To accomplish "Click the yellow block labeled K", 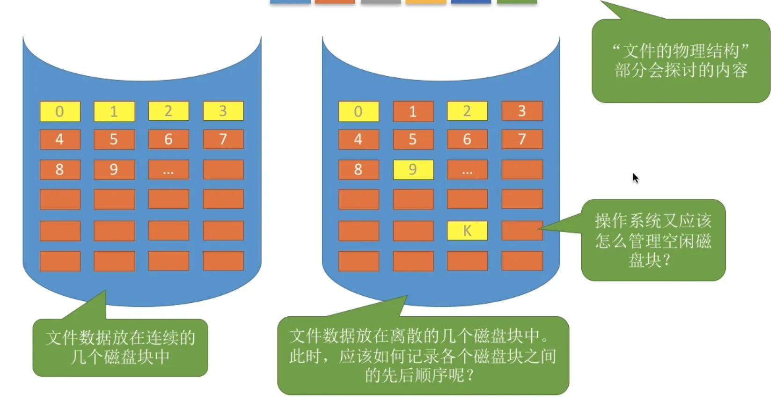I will (467, 231).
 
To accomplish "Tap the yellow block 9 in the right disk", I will (413, 169).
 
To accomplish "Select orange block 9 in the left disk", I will (114, 169).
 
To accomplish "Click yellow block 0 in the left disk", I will (60, 111).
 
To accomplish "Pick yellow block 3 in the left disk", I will (223, 111).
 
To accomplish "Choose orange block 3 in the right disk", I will (522, 111).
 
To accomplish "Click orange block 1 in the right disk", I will (413, 111).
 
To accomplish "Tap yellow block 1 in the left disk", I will (114, 111).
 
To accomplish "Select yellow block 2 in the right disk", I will (467, 111).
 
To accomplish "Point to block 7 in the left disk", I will (223, 139).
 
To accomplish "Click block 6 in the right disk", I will (467, 139).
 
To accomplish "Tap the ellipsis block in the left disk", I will (168, 169).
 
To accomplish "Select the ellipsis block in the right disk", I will (467, 169).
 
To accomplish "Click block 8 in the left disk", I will (60, 169).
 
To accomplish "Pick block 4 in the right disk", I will (359, 139).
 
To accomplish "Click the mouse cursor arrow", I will (635, 178).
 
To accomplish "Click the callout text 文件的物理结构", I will (681, 51).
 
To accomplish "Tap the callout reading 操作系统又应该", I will (653, 220).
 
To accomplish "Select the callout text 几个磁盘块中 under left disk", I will (120, 357).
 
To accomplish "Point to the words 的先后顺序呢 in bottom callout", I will (419, 375).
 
